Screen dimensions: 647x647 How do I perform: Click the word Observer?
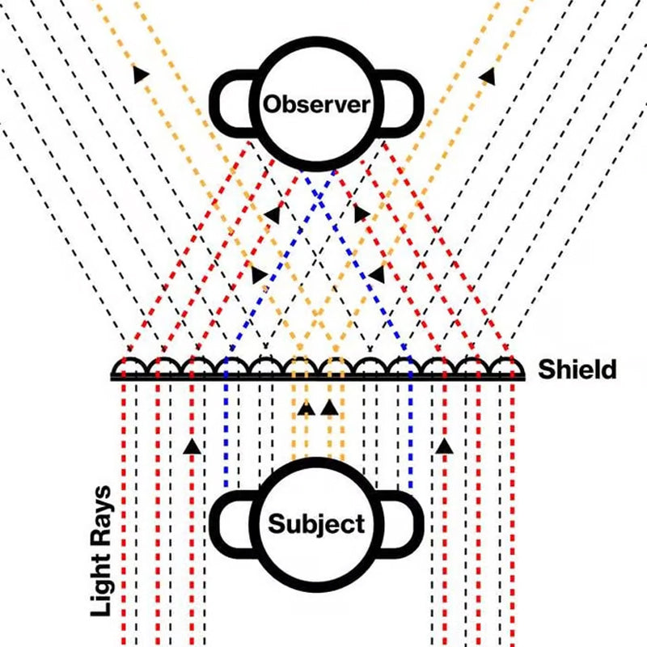(316, 104)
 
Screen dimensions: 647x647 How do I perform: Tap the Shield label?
(577, 370)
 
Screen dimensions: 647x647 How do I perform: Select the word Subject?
(316, 523)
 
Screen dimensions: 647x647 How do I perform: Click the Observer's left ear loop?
(230, 100)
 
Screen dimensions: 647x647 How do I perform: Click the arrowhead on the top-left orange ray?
(141, 74)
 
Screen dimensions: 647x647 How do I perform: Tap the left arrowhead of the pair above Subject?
(306, 408)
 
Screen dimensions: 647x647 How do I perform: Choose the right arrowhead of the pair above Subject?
(328, 407)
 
